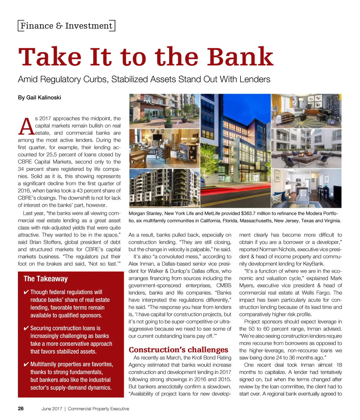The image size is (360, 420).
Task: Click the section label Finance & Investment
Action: [66, 26]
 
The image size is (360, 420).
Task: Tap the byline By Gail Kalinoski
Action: [39, 97]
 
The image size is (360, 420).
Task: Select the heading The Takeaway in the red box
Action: [45, 279]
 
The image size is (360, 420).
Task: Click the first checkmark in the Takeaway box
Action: [26, 292]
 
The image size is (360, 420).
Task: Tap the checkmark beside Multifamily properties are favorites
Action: [26, 364]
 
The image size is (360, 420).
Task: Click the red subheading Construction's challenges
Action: [179, 350]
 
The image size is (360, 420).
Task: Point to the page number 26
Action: [21, 409]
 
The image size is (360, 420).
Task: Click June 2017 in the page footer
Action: [52, 409]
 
